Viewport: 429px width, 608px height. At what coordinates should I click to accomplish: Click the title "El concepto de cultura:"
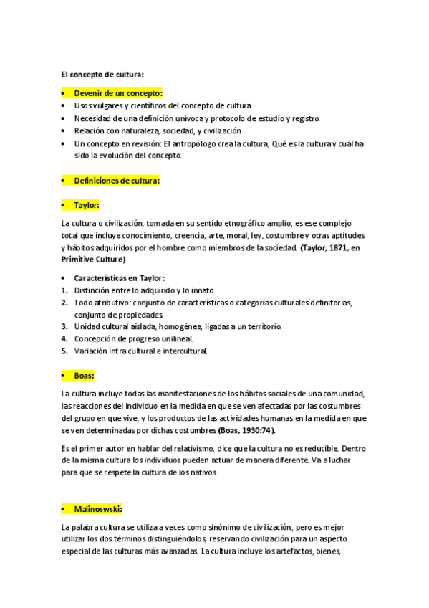(x=102, y=74)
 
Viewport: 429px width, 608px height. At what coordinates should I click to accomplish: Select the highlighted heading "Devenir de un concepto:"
(x=118, y=93)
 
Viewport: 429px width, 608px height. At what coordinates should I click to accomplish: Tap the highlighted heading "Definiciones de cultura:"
(x=117, y=181)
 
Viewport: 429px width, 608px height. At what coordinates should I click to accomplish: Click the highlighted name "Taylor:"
(x=87, y=205)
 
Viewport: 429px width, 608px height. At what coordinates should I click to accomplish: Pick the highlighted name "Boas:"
(x=84, y=375)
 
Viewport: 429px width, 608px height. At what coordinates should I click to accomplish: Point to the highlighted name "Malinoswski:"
(x=98, y=509)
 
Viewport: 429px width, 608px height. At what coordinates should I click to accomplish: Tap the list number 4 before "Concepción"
(x=64, y=338)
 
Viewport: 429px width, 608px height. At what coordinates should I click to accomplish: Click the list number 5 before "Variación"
(x=64, y=351)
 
